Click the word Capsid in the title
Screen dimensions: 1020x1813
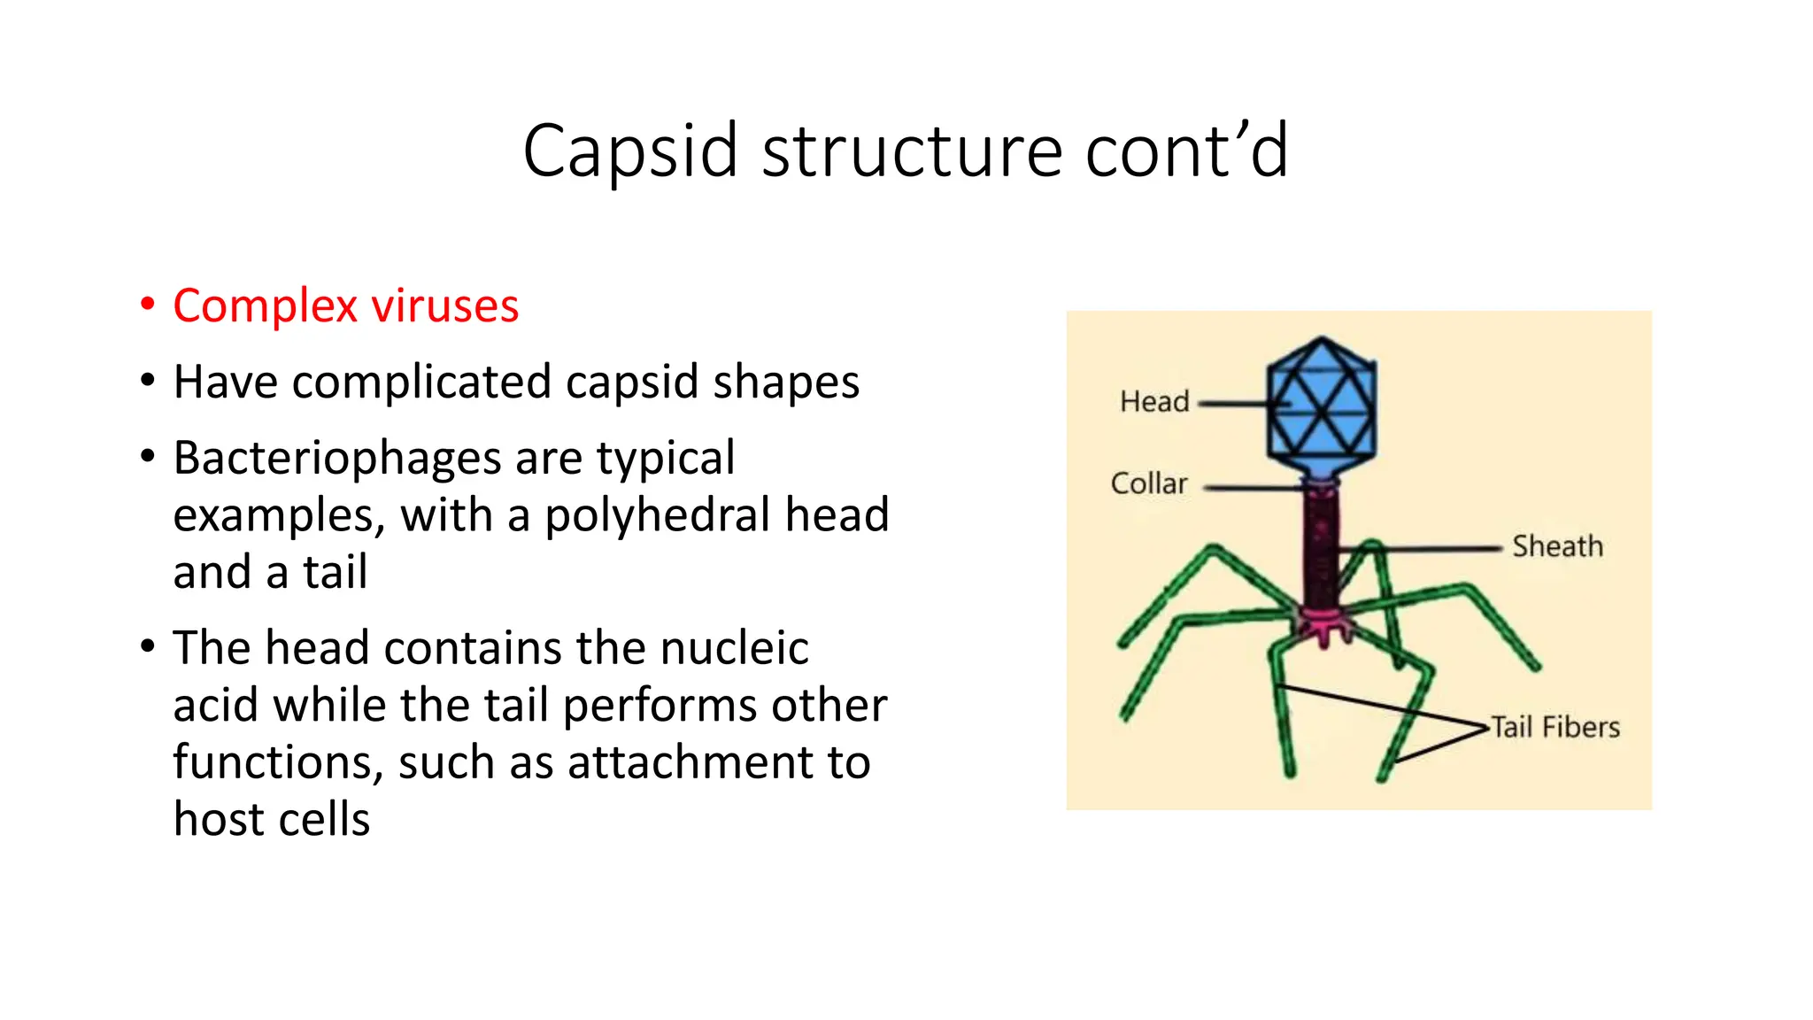(x=630, y=152)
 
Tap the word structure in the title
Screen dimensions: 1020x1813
(x=912, y=152)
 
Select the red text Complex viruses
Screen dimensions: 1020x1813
(x=345, y=306)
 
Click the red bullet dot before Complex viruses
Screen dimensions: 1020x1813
(x=148, y=305)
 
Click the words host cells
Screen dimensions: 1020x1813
(x=271, y=819)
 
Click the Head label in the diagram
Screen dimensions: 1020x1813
(x=1153, y=402)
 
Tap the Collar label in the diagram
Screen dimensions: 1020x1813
(x=1148, y=483)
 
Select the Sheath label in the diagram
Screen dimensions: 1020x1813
(x=1557, y=546)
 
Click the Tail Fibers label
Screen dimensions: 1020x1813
(x=1555, y=728)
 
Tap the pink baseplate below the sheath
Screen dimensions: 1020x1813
(x=1323, y=625)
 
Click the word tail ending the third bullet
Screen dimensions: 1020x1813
(x=335, y=572)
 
